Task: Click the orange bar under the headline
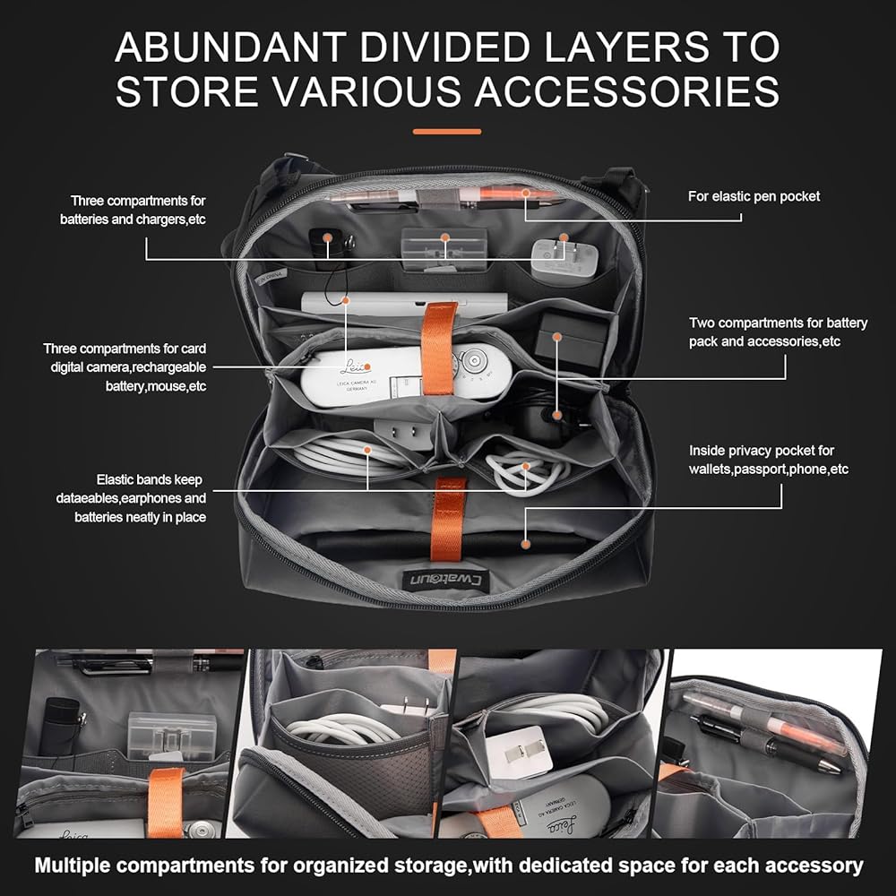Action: click(x=447, y=132)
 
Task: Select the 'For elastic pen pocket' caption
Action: click(x=754, y=195)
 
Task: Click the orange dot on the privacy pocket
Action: click(x=525, y=542)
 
